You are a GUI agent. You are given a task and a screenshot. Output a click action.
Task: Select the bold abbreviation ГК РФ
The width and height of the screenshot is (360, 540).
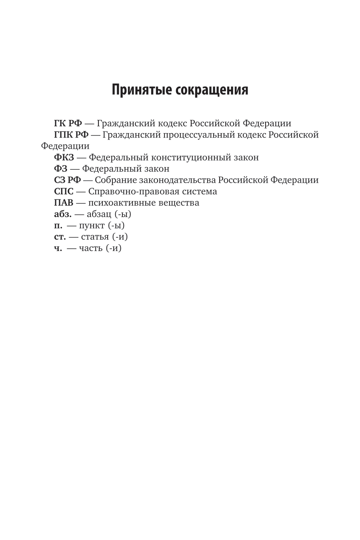pyautogui.click(x=68, y=123)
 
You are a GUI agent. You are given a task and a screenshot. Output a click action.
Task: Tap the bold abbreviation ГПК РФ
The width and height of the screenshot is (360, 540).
pyautogui.click(x=71, y=135)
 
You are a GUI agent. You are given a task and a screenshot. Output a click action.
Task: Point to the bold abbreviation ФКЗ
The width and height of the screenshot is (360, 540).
pyautogui.click(x=64, y=157)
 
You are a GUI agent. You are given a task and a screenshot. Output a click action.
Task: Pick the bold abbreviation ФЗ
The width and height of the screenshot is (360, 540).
pyautogui.click(x=60, y=169)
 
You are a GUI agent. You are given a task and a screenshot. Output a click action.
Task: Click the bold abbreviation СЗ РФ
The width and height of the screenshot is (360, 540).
pyautogui.click(x=67, y=180)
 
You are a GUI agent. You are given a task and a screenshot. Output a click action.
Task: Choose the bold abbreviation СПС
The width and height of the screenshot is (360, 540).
pyautogui.click(x=64, y=191)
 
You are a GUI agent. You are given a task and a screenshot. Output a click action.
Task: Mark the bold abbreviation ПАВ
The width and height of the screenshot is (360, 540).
pyautogui.click(x=64, y=203)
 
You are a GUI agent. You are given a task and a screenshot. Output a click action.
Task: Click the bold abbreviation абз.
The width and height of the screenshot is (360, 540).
pyautogui.click(x=63, y=214)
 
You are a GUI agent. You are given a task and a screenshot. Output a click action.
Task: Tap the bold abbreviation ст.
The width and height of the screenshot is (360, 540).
pyautogui.click(x=60, y=237)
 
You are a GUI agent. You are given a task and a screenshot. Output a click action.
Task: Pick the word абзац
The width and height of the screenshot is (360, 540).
pyautogui.click(x=98, y=214)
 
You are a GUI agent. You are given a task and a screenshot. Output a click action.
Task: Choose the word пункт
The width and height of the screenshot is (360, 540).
pyautogui.click(x=92, y=225)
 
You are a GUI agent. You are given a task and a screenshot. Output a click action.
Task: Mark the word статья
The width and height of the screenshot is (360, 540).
pyautogui.click(x=95, y=237)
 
